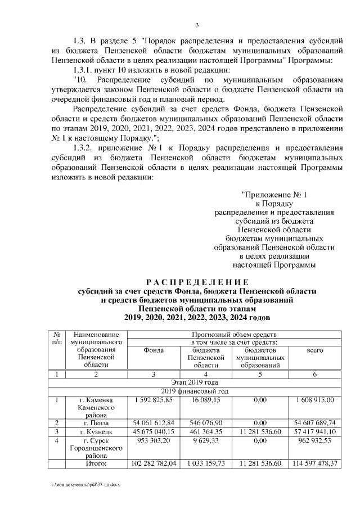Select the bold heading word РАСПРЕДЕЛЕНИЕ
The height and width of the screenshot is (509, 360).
(197, 282)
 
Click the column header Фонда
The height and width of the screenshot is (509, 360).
(154, 350)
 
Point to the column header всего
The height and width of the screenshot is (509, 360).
(314, 350)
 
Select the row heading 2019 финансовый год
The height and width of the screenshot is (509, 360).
(196, 391)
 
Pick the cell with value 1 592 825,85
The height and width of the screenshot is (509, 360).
(154, 399)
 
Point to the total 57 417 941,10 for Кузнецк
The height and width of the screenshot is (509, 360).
(315, 431)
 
